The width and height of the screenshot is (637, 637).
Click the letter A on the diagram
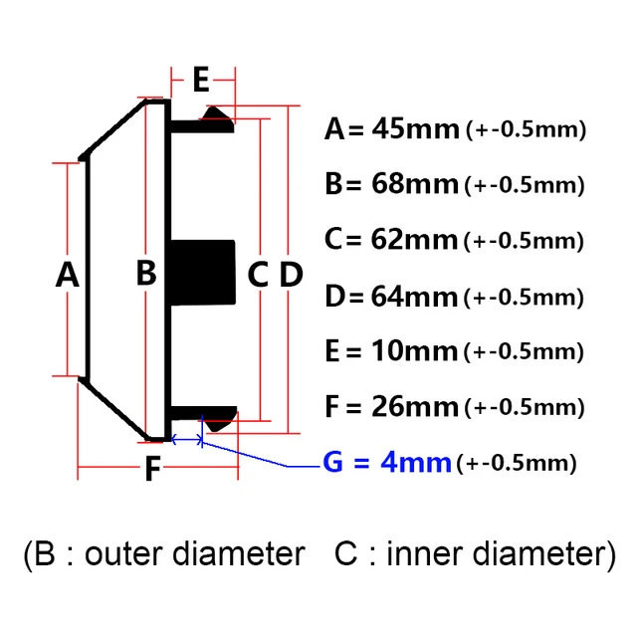pos(67,274)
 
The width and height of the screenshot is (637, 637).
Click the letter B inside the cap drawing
pos(146,272)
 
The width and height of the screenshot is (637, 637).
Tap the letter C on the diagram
pos(258,274)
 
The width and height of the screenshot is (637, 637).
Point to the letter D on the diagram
pos(290,274)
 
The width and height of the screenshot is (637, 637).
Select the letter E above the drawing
pos(201,79)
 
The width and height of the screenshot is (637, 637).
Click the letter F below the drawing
pos(151,469)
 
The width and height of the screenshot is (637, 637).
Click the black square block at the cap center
pos(204,274)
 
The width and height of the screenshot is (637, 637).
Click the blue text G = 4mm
pos(387,463)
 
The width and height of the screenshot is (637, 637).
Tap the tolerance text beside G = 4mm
pos(517,463)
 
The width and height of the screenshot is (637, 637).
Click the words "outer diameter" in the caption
pos(195,554)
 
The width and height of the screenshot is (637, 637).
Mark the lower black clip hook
pos(215,416)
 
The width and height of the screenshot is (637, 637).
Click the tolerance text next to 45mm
pos(525,129)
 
